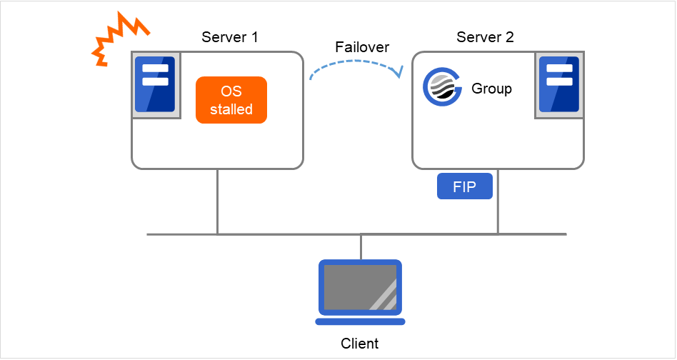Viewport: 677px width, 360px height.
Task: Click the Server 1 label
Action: [230, 36]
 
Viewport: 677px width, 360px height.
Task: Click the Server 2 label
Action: [486, 36]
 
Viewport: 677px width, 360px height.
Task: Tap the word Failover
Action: [362, 47]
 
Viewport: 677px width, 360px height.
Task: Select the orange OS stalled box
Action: [231, 101]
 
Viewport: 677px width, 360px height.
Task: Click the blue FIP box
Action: [465, 187]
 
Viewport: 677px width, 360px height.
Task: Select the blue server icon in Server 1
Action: [155, 86]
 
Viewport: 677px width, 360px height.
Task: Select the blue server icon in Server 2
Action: [559, 86]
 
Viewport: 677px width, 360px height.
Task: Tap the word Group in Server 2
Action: [491, 89]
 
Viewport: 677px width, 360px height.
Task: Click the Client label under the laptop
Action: [360, 344]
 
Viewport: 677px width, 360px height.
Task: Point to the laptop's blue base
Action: [361, 321]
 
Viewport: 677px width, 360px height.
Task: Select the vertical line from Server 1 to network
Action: [217, 201]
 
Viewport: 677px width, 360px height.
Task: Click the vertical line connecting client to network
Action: [361, 246]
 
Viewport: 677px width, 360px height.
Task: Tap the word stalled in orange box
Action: [231, 110]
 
